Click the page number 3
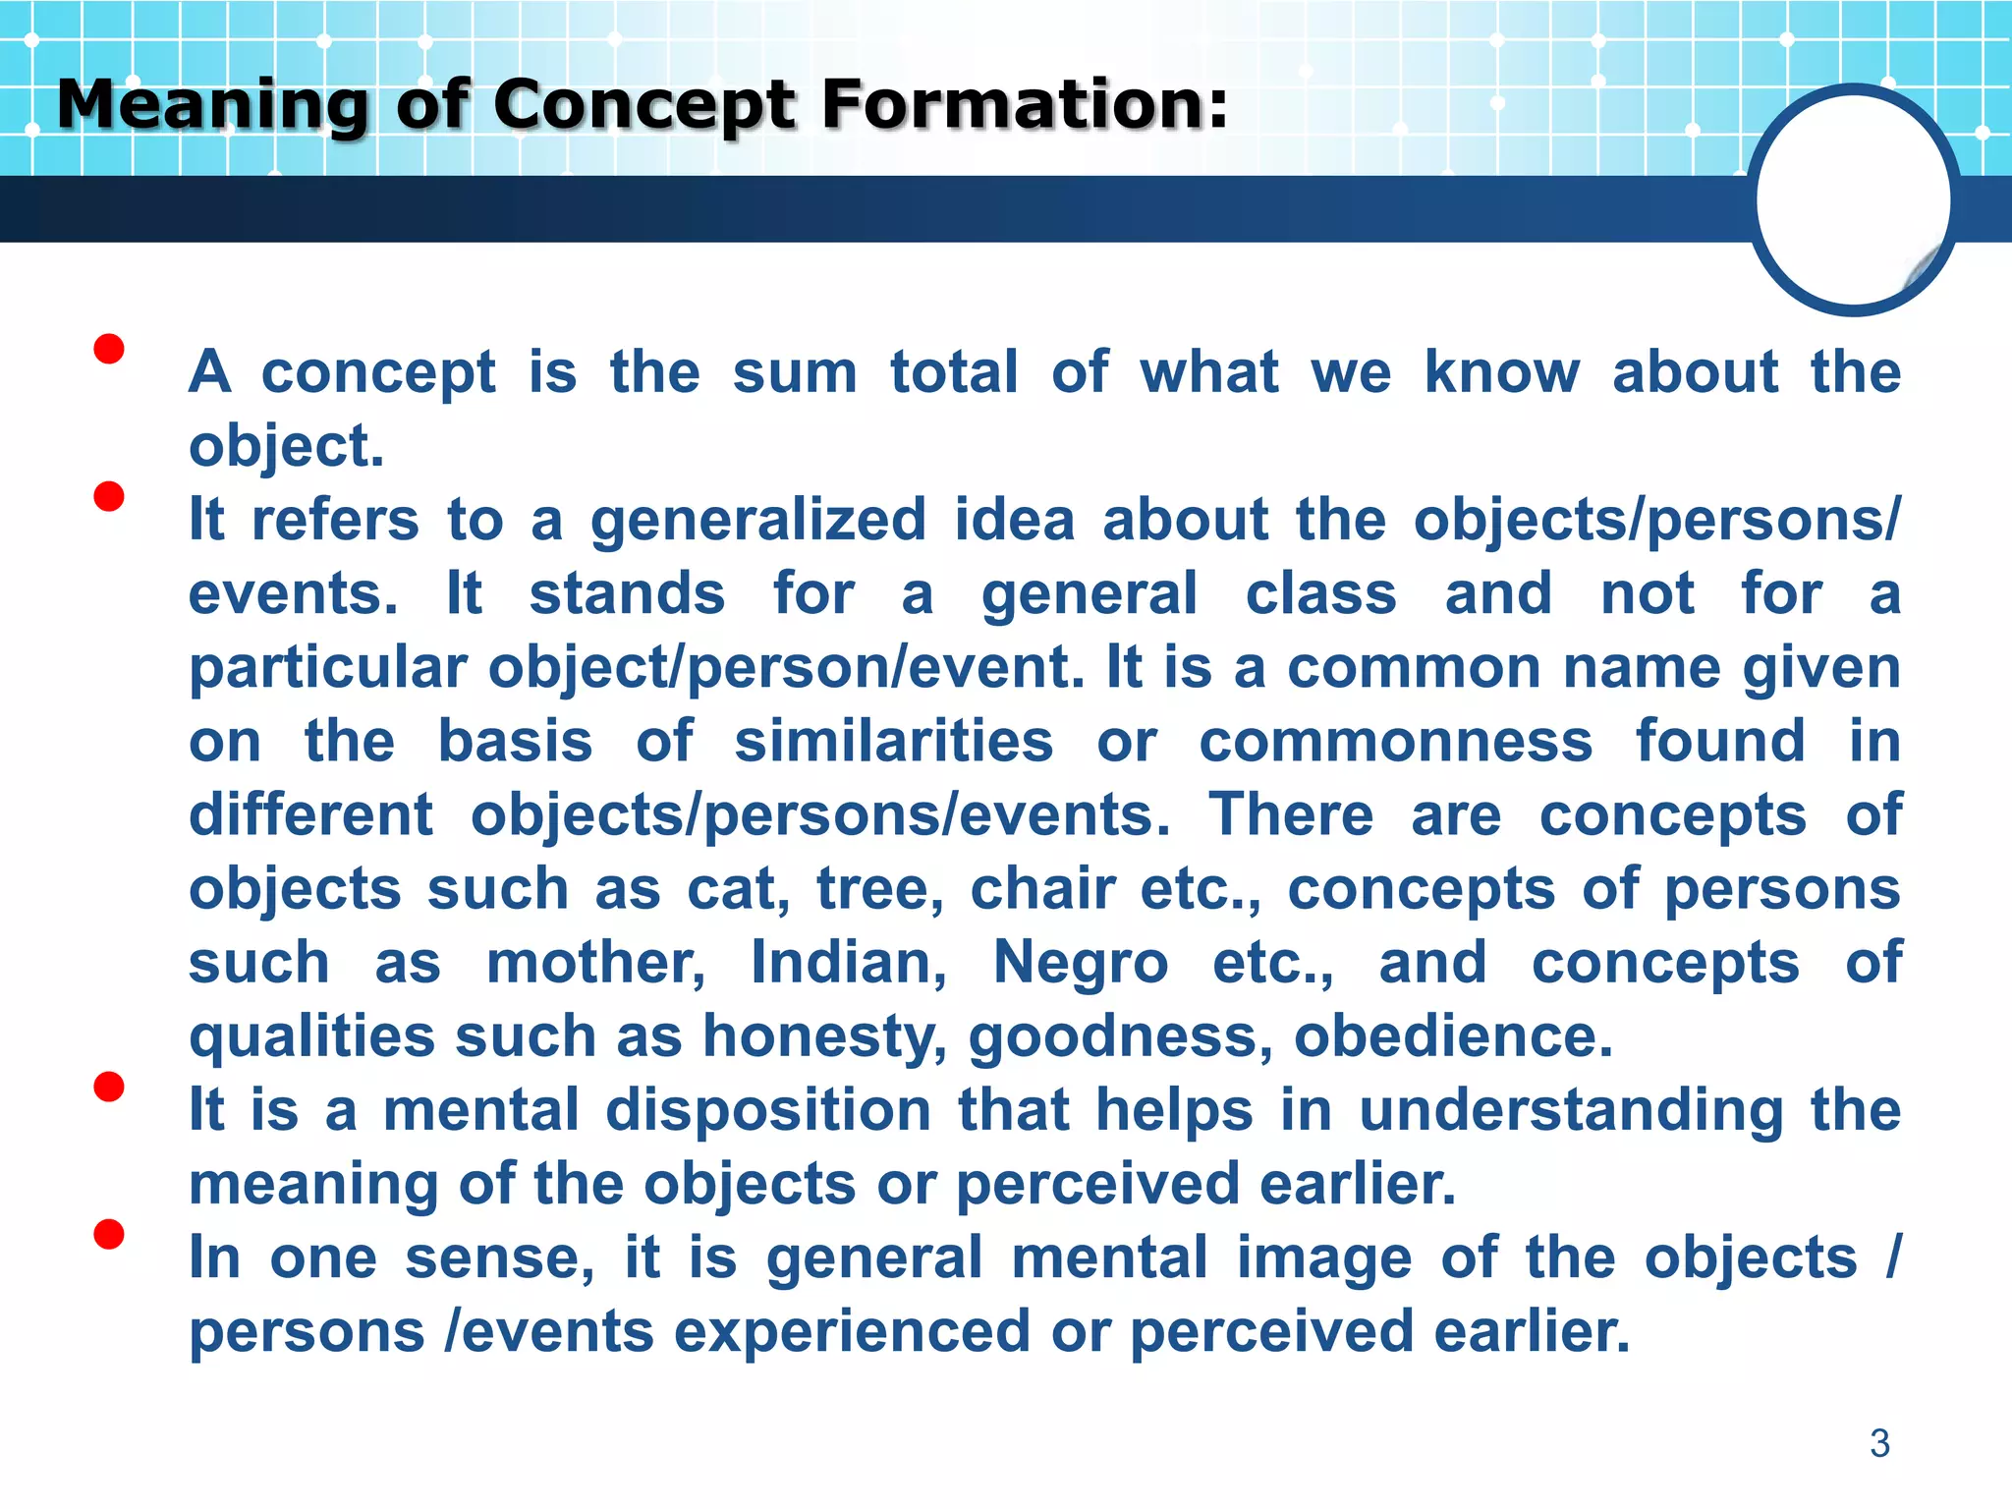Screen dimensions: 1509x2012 tap(1879, 1443)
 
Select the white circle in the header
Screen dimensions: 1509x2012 tap(1853, 200)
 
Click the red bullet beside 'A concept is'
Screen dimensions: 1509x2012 tap(109, 349)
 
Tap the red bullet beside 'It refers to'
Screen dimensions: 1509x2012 tap(109, 496)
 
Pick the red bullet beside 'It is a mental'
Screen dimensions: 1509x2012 tap(109, 1087)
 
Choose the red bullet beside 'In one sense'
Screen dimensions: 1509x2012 tap(109, 1234)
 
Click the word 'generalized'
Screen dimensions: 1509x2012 tap(757, 521)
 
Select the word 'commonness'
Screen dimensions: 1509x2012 tap(1395, 742)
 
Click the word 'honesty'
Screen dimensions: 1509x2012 tap(825, 1037)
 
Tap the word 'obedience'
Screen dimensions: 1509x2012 tap(1453, 1037)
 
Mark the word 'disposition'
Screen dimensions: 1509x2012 tap(768, 1111)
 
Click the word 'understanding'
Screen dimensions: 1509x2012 tap(1571, 1111)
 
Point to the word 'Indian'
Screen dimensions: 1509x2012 tap(849, 963)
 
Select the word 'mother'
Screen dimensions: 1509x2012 tap(595, 963)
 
